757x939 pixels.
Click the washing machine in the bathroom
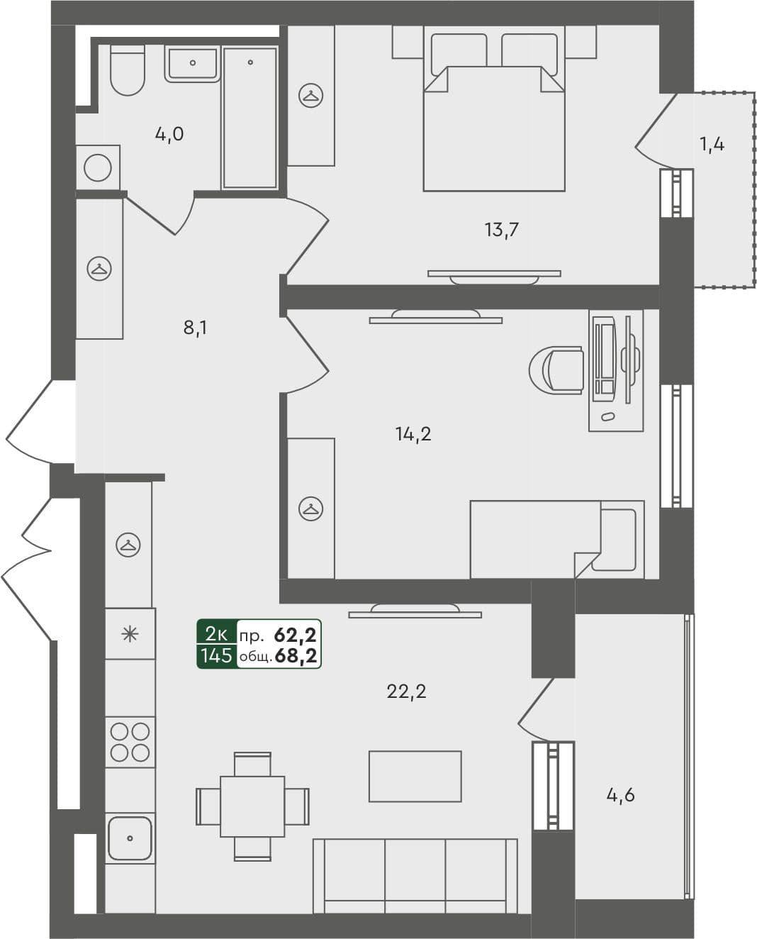pos(98,168)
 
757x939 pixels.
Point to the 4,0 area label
pos(169,133)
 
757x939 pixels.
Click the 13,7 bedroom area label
pos(502,229)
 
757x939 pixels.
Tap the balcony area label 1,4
pos(712,145)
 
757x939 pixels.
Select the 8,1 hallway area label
pos(195,328)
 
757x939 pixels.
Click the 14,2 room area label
pos(413,433)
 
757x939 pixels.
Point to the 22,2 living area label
pos(406,691)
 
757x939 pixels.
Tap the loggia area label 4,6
pos(620,795)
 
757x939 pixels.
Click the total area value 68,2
pos(296,656)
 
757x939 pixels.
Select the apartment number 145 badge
pos(216,655)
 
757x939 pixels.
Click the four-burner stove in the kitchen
pos(130,742)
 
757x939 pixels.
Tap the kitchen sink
pos(130,838)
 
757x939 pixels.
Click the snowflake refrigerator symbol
pos(130,634)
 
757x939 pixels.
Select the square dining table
pos(252,806)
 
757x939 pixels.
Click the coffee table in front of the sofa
pos(415,777)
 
